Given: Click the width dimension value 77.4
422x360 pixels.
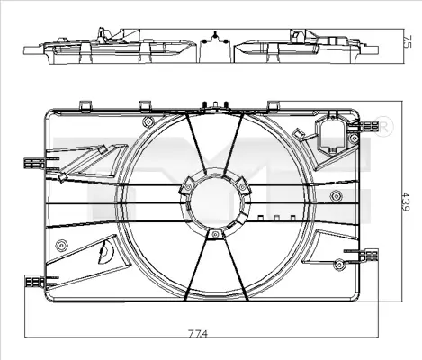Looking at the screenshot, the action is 198,333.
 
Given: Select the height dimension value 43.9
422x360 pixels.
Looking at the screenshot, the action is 406,202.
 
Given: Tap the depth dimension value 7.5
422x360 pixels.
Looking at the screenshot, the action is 408,41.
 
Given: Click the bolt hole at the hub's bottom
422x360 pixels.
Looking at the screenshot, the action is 215,235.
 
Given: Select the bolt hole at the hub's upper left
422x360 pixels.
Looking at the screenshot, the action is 188,187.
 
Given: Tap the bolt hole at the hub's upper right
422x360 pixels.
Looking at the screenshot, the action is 242,187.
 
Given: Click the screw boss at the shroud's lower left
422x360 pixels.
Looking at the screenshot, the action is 61,246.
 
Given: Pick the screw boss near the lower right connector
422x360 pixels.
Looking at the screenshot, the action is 339,264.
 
